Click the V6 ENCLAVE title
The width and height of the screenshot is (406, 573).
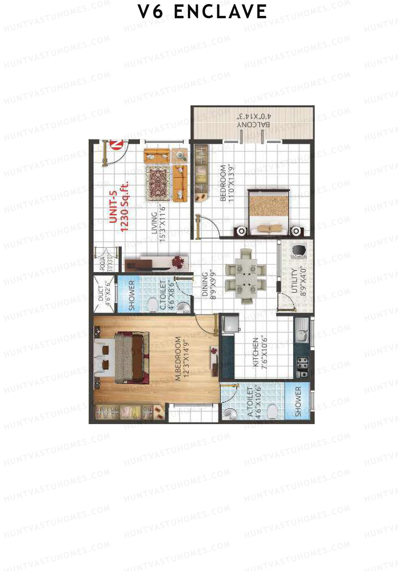click(202, 12)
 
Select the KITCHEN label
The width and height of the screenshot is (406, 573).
click(256, 352)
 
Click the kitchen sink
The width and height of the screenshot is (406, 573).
click(301, 334)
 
